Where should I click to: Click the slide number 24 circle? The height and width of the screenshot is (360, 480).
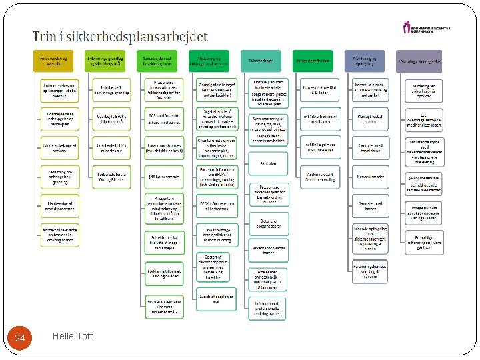[20, 339]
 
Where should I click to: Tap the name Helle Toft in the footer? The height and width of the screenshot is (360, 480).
[72, 336]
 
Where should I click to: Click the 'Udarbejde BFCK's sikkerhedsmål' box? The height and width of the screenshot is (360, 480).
[110, 119]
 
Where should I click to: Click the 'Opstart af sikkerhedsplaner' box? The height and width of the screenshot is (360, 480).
[215, 266]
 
